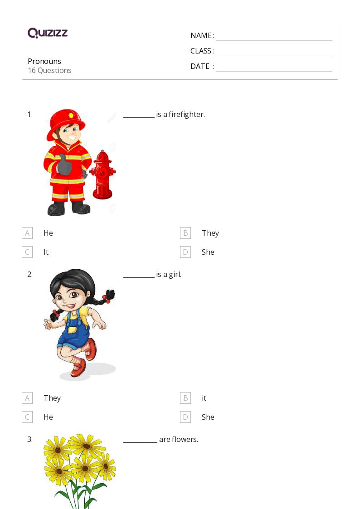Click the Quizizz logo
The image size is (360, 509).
coord(48,33)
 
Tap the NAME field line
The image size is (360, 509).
coord(274,41)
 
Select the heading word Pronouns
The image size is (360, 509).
coord(44,61)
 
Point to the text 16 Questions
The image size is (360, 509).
coord(50,70)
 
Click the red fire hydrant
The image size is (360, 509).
coord(102,175)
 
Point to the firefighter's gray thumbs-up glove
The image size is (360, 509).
coord(64,165)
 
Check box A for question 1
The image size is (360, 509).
coord(27,233)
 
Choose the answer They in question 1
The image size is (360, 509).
coord(210,233)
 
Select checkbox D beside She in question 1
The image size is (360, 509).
coord(185,252)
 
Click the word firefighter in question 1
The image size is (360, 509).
coord(187,114)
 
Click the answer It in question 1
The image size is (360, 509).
coord(46,252)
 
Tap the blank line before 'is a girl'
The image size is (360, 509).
coord(139,277)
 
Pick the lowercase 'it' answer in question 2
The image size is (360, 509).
coord(204,398)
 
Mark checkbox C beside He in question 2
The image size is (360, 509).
coord(27,417)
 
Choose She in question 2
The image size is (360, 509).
coord(208,417)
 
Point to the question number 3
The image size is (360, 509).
coord(30,439)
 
